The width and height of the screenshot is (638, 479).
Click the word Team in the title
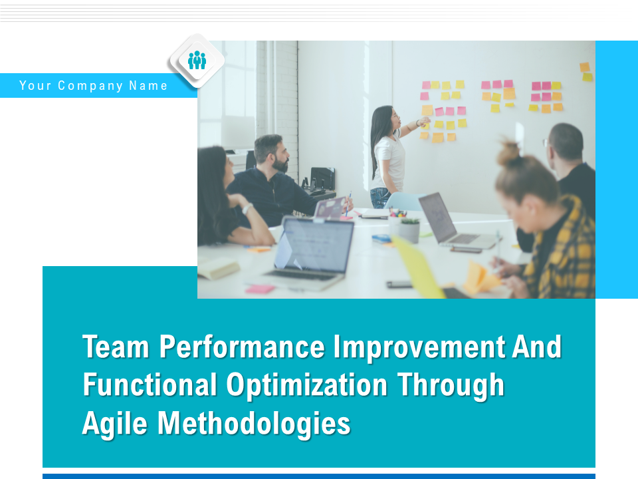pos(116,347)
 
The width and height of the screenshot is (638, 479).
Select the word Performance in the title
pos(242,347)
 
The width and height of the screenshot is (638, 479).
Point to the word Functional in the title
pos(150,385)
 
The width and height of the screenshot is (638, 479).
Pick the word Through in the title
pos(451,385)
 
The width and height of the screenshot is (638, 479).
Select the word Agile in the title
pos(114,424)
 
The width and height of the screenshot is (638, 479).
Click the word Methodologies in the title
pos(254,424)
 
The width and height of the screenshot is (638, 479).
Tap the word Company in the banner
pos(90,86)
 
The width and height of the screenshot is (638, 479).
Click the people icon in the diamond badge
pos(197,61)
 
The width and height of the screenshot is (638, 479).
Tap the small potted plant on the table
pos(409,231)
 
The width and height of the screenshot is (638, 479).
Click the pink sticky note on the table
pos(260,289)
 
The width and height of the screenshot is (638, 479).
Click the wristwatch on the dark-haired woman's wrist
pos(247,209)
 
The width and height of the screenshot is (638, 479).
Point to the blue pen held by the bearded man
pos(348,204)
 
